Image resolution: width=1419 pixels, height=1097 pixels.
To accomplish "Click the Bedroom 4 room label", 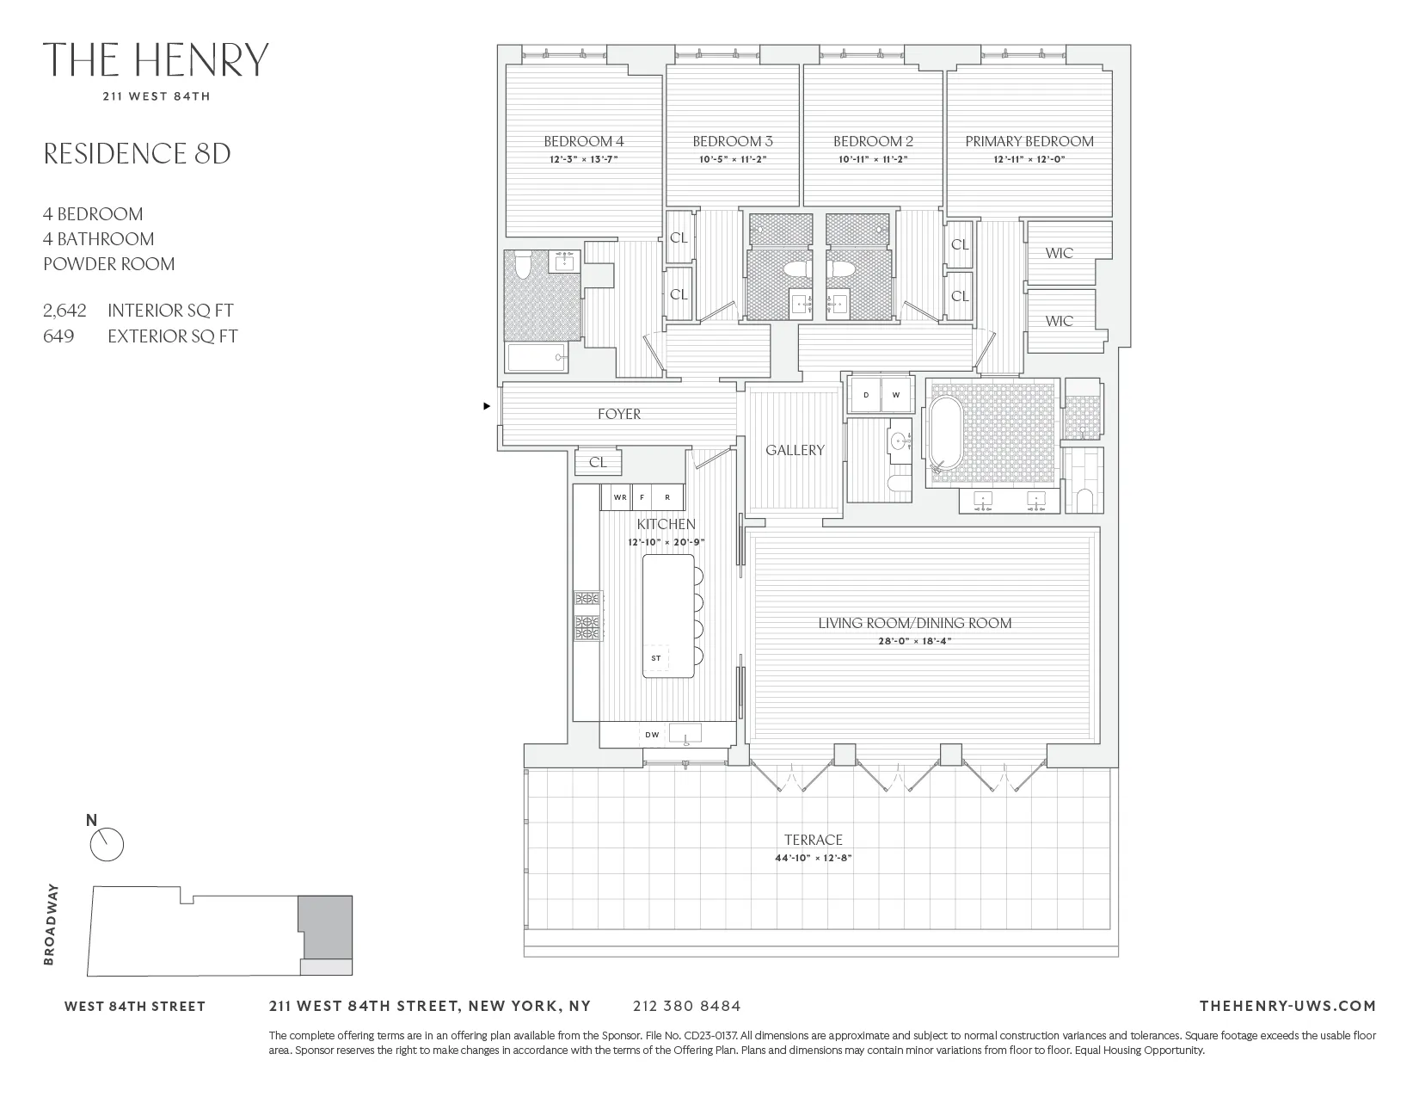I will (583, 141).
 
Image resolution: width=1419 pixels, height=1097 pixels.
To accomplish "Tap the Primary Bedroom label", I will (1029, 141).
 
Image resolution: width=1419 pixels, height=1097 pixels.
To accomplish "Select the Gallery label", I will (795, 450).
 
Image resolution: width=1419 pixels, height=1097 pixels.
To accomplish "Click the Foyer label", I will (619, 414).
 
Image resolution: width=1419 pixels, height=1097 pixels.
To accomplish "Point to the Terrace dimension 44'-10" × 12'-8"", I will (813, 858).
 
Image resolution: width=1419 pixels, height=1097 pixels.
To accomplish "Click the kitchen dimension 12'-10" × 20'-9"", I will (666, 542).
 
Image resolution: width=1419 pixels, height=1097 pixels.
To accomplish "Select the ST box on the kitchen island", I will (656, 658).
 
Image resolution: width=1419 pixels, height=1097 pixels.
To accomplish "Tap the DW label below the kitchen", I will (652, 735).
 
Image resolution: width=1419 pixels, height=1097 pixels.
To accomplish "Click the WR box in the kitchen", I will (619, 497).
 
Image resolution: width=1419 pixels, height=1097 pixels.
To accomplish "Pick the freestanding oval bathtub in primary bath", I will (943, 434).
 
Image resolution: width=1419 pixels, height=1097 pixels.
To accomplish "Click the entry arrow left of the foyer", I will (488, 405).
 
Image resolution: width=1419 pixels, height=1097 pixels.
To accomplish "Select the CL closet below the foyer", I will (598, 462).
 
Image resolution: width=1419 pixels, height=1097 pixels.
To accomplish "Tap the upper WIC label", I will (1059, 253).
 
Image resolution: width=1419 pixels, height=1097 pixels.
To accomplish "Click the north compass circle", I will (107, 845).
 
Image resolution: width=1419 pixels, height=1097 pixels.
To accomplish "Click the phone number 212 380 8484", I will (685, 1006).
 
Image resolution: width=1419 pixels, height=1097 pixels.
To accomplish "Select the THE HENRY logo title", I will (156, 60).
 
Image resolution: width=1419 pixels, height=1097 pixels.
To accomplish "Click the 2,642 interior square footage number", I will (64, 311).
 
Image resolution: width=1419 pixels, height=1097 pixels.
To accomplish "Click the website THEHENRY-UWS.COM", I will (1287, 1006).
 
